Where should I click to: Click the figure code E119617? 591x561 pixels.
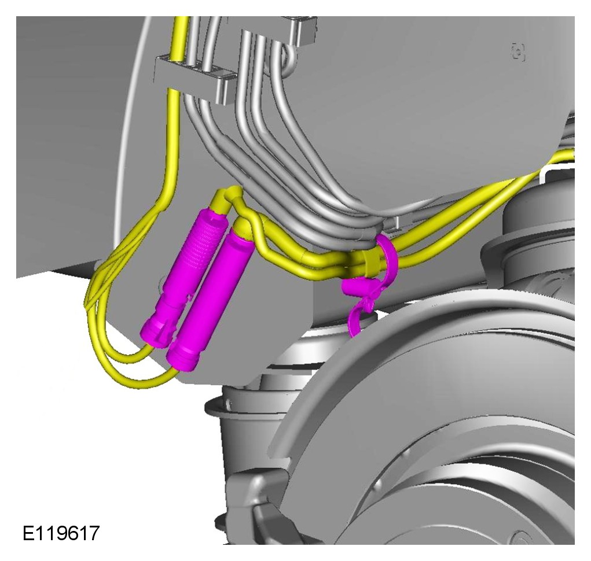click(x=61, y=533)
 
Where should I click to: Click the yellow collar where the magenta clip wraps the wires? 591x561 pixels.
click(x=372, y=260)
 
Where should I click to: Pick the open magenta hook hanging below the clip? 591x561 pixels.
click(x=358, y=316)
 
